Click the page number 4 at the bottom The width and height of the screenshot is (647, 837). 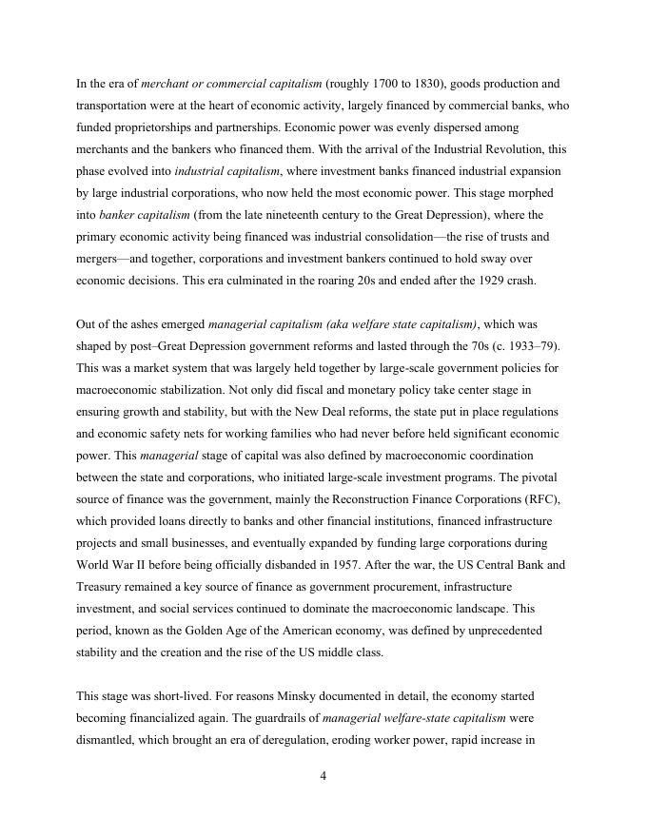point(323,776)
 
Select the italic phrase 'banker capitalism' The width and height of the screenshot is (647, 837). point(144,215)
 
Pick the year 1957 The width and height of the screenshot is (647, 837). point(370,565)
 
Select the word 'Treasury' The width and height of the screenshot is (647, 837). point(101,587)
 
